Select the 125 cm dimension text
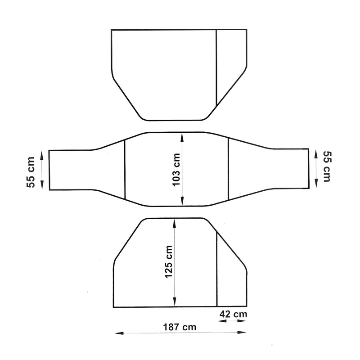coord(169,261)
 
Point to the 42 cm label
coord(233,314)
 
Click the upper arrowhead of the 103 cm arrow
coord(182,135)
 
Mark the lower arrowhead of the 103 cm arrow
coord(182,203)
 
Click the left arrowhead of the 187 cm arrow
coord(118,333)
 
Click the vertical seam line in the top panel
coord(217,67)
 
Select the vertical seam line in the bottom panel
coord(217,270)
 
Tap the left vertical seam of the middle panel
coord(124,170)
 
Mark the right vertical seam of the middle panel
coord(229,170)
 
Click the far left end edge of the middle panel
coord(49,170)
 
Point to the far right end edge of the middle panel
coord(309,167)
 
